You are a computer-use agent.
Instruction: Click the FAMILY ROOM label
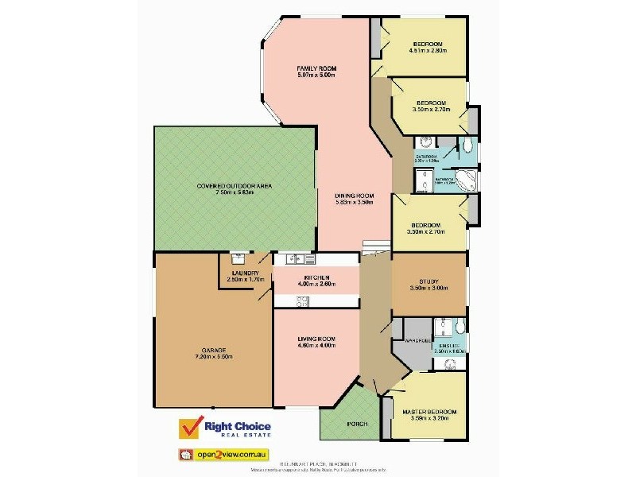(316, 68)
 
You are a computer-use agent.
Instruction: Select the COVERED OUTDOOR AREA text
(235, 185)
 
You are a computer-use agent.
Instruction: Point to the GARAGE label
(214, 351)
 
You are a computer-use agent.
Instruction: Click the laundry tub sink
(238, 258)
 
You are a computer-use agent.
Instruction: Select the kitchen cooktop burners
(302, 301)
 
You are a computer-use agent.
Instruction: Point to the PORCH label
(358, 425)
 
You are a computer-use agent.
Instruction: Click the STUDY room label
(429, 281)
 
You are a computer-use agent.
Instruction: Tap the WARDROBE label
(418, 340)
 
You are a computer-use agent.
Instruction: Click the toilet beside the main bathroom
(467, 144)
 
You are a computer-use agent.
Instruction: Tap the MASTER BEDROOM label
(430, 412)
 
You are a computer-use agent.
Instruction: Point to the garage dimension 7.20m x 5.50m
(214, 357)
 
